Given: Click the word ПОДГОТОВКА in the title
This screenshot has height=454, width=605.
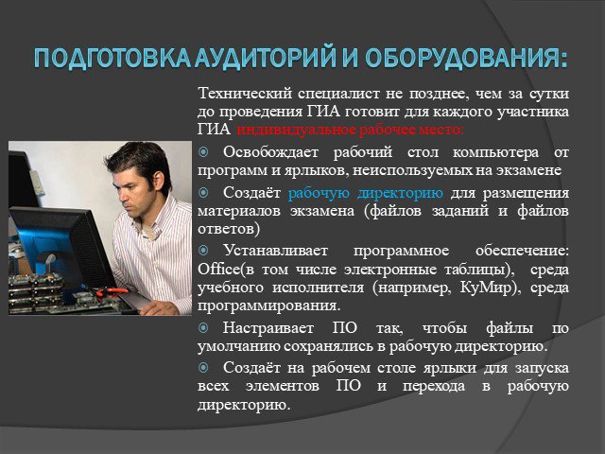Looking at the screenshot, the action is (x=112, y=59).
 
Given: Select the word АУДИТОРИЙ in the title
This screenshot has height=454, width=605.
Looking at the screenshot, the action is (x=265, y=58).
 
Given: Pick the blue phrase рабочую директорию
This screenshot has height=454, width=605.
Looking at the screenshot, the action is (x=366, y=193).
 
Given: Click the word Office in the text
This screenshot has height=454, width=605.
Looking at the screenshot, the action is (x=218, y=269).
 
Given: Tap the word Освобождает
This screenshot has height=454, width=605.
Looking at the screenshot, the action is (x=270, y=151).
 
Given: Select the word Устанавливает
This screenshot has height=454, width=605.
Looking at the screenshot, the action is (x=275, y=250).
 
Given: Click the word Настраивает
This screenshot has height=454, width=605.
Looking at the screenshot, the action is (x=268, y=328).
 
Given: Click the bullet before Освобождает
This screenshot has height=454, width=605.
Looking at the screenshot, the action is (x=203, y=152).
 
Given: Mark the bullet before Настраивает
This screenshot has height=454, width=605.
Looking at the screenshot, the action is (x=203, y=328).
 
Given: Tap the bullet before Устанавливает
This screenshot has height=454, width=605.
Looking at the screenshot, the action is (x=203, y=251).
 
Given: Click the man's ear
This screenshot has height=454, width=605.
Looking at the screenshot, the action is (x=158, y=181).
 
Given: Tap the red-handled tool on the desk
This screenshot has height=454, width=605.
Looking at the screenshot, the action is (x=112, y=291).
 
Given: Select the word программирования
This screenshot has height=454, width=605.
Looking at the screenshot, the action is (x=268, y=306).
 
